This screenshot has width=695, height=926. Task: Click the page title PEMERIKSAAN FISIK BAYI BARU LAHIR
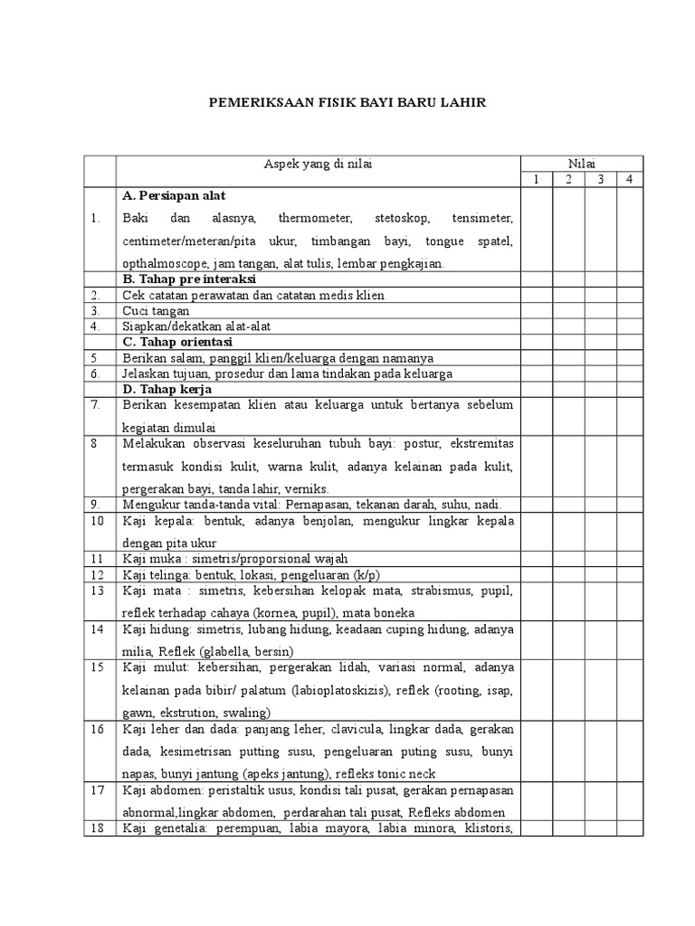point(347,103)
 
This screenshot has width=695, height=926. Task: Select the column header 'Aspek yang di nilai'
point(318,163)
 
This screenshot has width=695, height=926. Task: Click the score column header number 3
point(598,179)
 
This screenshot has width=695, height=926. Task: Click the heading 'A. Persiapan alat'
point(174,195)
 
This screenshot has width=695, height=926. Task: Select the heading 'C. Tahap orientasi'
point(176,342)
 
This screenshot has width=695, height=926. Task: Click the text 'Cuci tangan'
point(156,311)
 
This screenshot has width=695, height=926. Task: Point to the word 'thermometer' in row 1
point(309,219)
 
